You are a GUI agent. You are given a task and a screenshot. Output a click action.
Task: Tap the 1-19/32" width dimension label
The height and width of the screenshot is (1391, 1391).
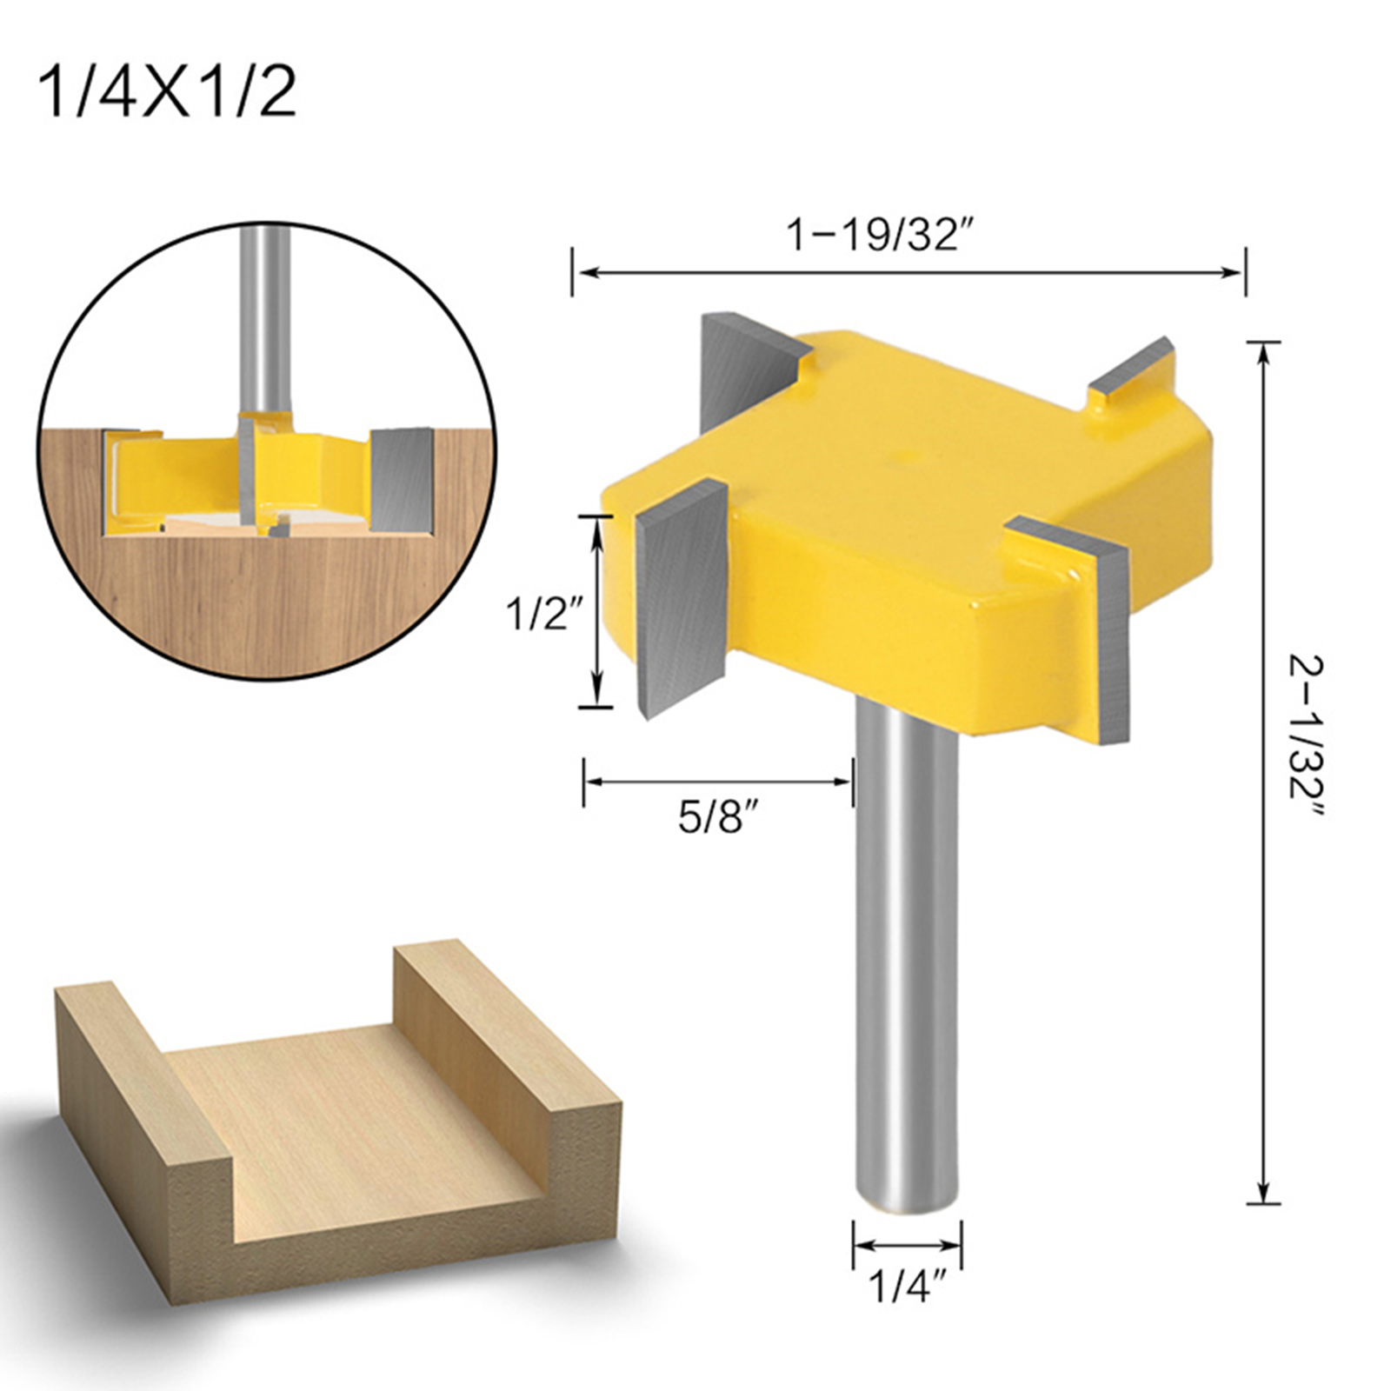[878, 235]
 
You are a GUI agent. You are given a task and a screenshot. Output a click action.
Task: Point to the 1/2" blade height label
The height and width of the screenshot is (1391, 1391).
[544, 616]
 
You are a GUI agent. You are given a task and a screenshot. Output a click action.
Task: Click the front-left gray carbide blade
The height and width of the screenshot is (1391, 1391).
[682, 600]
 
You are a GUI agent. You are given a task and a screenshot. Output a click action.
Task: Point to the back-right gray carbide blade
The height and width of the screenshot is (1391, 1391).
[1135, 374]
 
